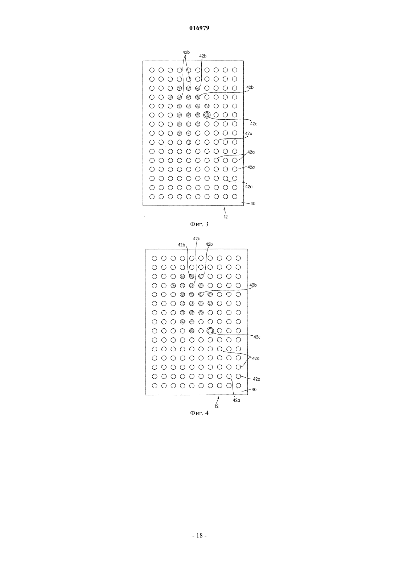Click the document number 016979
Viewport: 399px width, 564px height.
tap(199, 28)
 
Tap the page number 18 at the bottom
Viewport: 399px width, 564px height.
tap(199, 535)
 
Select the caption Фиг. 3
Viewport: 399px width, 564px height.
tap(199, 224)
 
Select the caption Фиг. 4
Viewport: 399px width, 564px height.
tap(199, 413)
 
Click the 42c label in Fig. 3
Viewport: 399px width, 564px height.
tap(254, 124)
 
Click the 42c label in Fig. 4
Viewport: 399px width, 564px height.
tap(257, 337)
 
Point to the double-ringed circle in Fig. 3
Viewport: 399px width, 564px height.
tap(207, 115)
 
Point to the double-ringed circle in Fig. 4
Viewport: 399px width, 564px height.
tap(210, 331)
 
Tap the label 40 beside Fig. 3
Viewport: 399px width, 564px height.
tap(253, 203)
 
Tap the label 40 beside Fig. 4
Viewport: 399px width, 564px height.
tap(254, 390)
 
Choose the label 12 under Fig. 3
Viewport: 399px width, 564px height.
tap(226, 217)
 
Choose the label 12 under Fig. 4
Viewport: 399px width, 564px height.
tap(217, 406)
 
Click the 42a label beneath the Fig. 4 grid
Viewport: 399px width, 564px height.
tap(236, 400)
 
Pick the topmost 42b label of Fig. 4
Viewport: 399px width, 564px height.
tap(197, 239)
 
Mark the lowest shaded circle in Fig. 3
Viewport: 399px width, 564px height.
tap(189, 142)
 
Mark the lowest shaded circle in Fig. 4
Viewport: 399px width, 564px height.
tap(192, 331)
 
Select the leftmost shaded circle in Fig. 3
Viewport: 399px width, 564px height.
tap(170, 97)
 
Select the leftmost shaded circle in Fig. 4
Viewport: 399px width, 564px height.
tap(173, 286)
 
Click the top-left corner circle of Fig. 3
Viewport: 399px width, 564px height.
tap(152, 70)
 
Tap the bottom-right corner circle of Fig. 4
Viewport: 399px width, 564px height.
tap(238, 385)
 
